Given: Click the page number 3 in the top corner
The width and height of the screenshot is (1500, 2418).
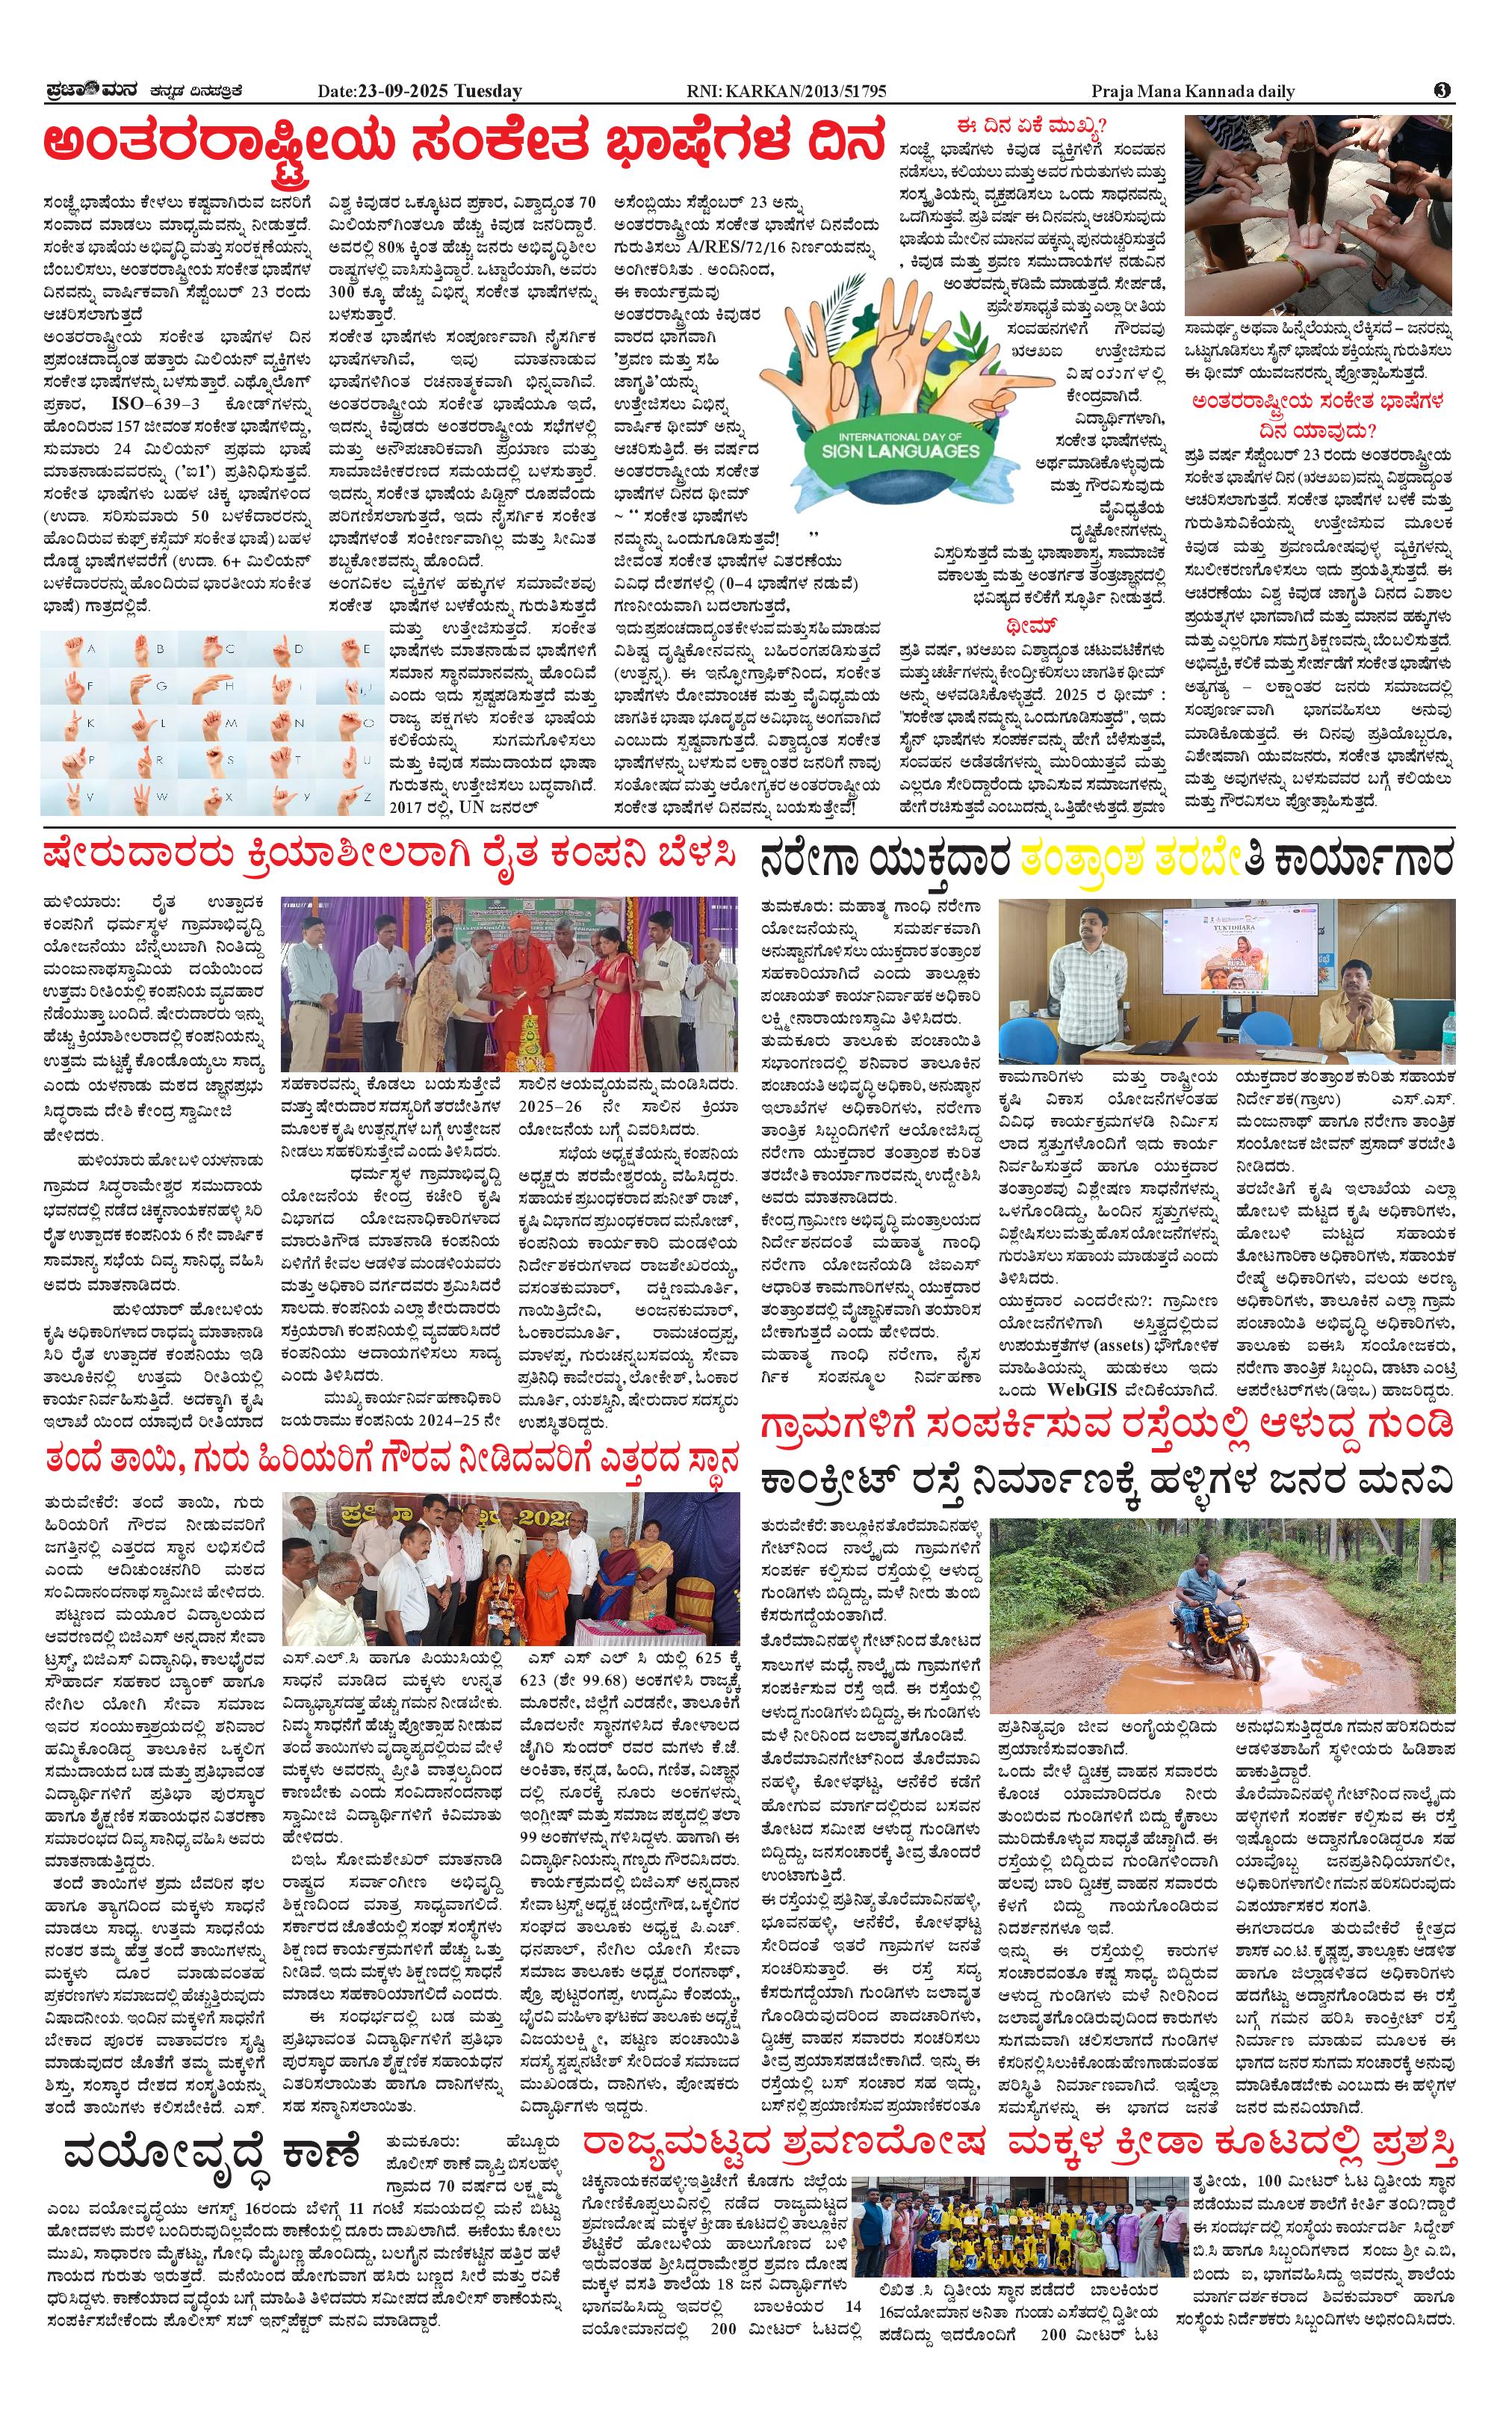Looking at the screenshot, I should click(x=1442, y=91).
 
